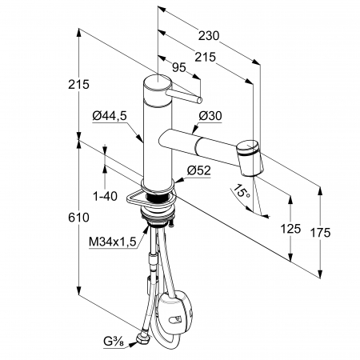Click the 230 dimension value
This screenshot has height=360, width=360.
209,36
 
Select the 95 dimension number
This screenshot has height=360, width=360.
178,67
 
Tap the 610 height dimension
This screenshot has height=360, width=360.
78,218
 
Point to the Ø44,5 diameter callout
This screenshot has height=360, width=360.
110,116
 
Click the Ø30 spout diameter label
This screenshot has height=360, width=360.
210,116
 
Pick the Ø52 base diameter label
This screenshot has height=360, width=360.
198,170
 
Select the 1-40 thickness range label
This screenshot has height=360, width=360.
105,197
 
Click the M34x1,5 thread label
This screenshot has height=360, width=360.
112,242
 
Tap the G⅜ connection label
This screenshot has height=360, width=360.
114,342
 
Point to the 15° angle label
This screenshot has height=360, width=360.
242,191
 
